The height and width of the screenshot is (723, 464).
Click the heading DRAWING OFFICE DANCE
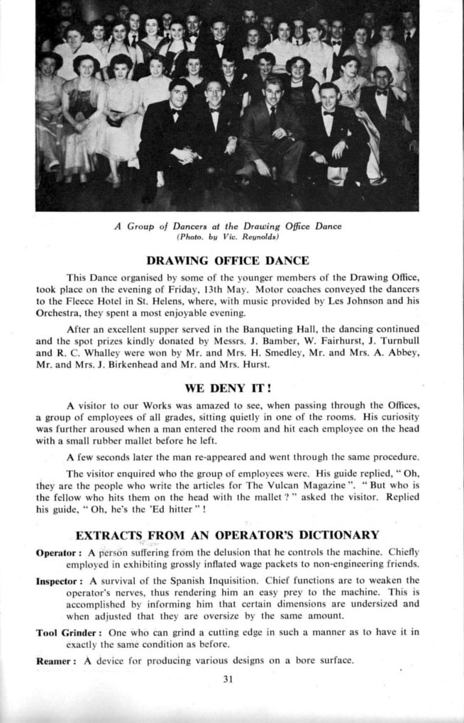coord(228,260)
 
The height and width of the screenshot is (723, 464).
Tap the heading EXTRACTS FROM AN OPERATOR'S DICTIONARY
coord(227,534)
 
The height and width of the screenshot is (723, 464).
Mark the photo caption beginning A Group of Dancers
coord(228,226)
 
